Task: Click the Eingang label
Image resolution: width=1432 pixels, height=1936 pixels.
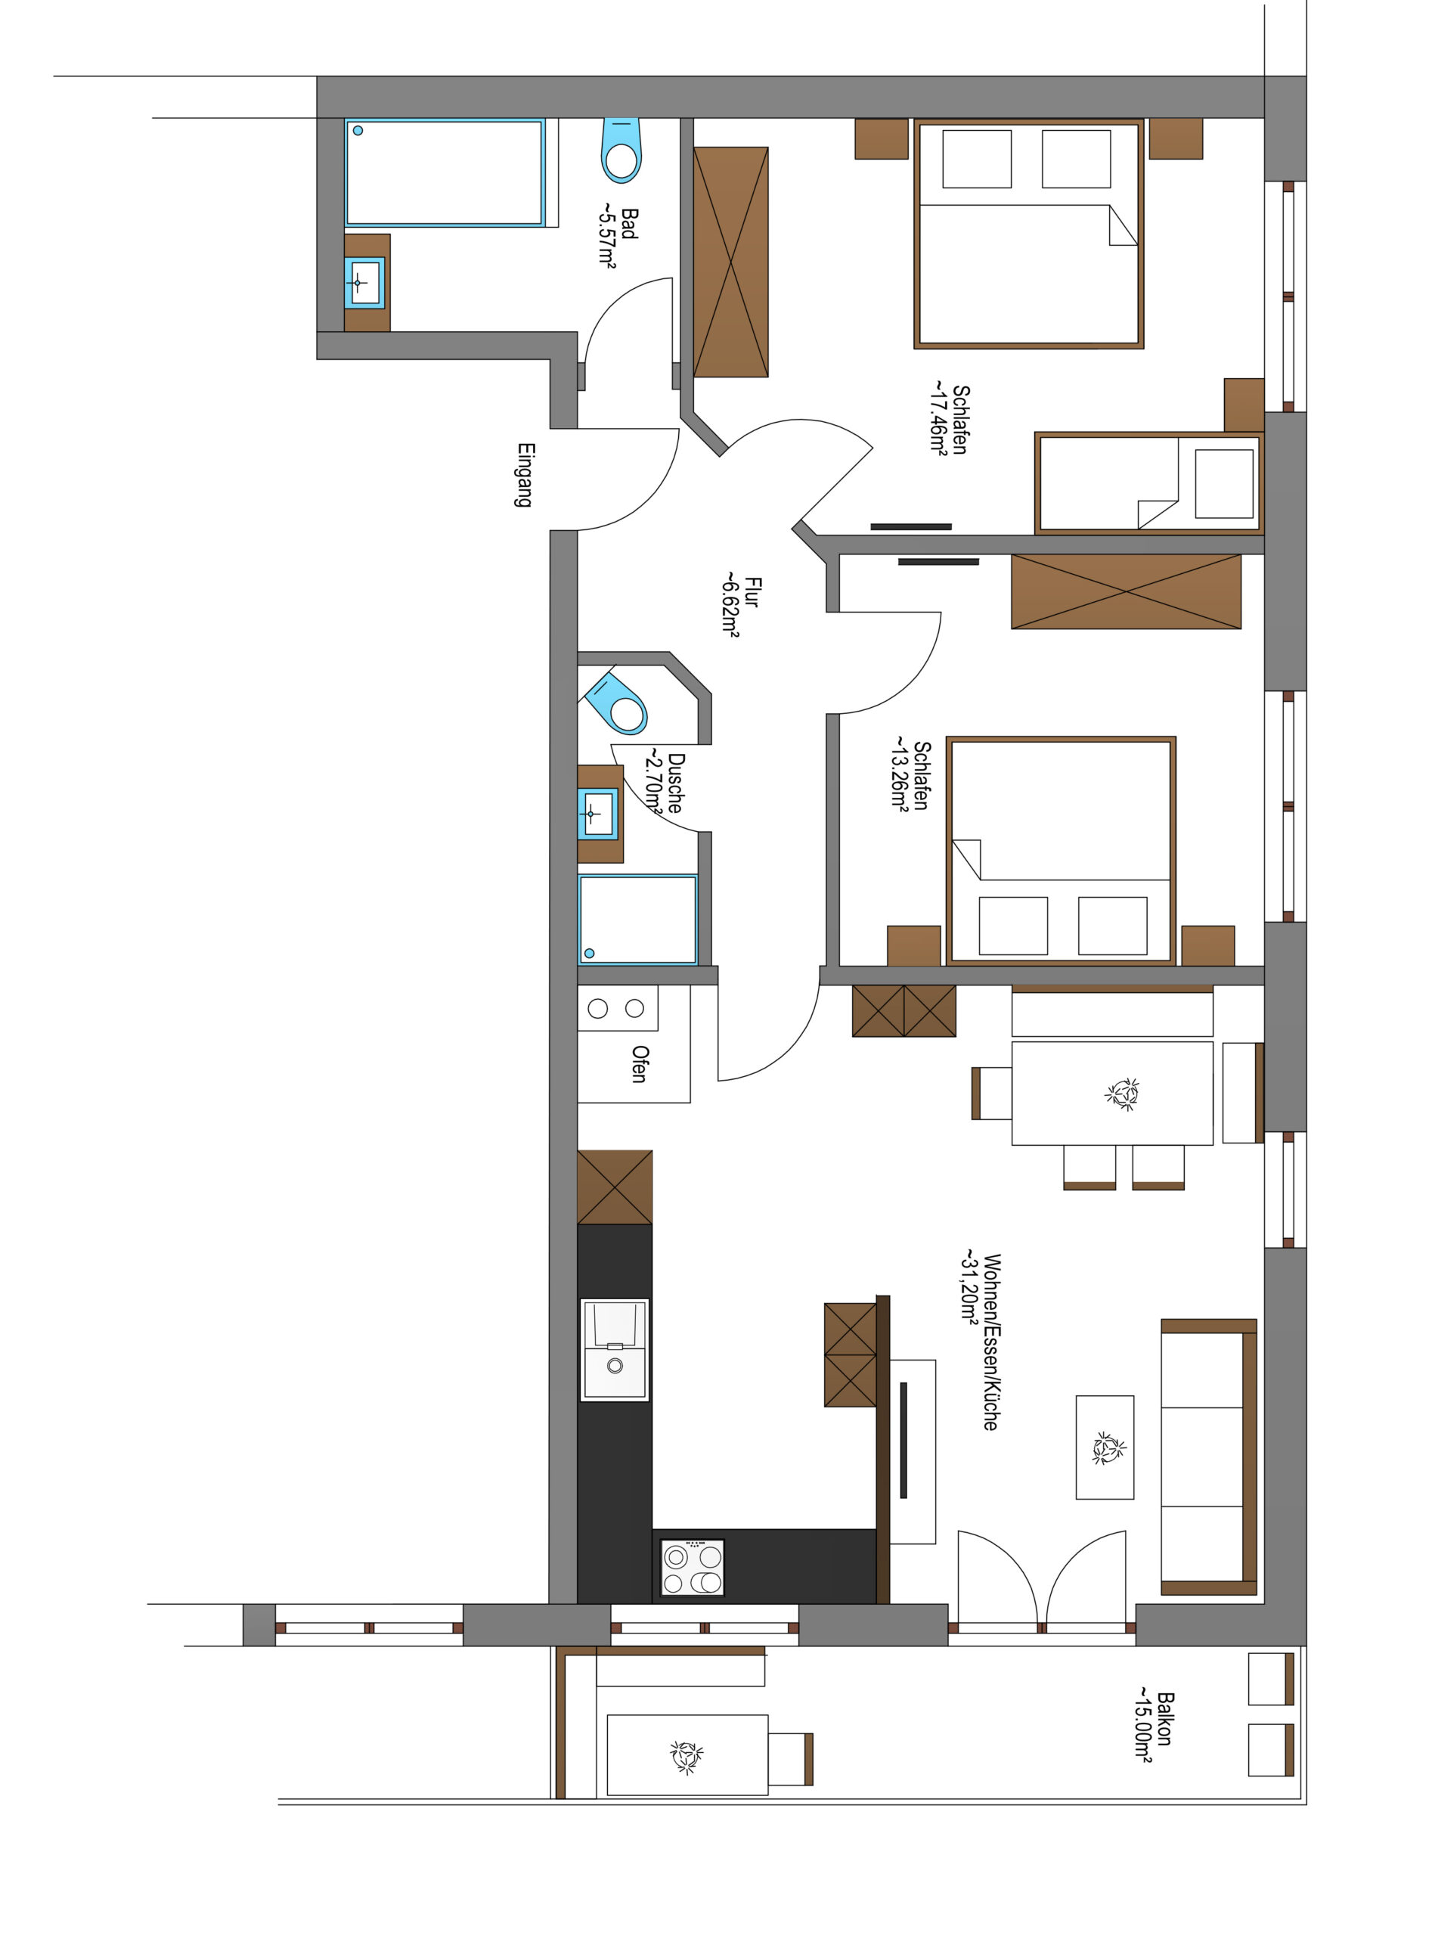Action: (525, 475)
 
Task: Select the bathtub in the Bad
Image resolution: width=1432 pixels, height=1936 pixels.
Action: (445, 172)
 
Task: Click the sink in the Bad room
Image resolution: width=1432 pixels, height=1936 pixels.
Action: (365, 283)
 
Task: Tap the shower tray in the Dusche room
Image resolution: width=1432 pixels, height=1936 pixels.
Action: (638, 920)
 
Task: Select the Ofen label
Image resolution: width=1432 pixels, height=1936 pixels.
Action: (640, 1064)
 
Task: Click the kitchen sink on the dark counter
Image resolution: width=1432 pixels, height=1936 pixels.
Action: (615, 1349)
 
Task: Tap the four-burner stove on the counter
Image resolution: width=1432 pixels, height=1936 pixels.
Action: (693, 1567)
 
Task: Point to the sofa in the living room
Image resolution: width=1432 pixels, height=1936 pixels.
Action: (1209, 1459)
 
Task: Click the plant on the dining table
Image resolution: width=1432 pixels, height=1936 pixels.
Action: (1123, 1094)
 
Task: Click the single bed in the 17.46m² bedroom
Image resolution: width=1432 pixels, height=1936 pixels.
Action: (1149, 483)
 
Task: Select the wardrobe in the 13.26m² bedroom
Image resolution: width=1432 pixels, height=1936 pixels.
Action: (1126, 591)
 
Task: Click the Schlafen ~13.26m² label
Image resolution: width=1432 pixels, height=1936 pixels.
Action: (910, 774)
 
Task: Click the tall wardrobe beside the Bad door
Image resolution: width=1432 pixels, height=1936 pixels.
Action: (730, 262)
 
